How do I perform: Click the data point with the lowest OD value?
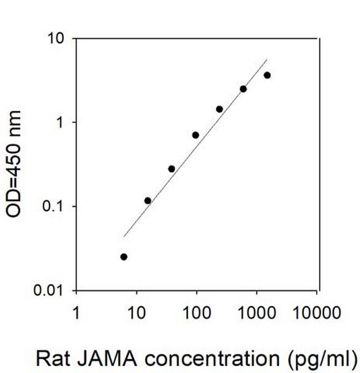click(124, 257)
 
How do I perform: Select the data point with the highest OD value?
click(267, 75)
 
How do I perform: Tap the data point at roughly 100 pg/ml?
click(196, 135)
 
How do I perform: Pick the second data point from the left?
click(147, 200)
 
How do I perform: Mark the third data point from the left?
click(171, 169)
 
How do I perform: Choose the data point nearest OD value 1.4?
click(219, 109)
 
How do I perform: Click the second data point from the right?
click(243, 89)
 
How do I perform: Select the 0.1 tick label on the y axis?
click(56, 206)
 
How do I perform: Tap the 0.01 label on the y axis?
click(52, 291)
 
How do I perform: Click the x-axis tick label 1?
click(76, 314)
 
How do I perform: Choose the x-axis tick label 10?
click(136, 314)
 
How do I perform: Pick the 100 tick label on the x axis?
click(196, 314)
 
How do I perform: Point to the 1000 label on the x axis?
click(256, 314)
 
